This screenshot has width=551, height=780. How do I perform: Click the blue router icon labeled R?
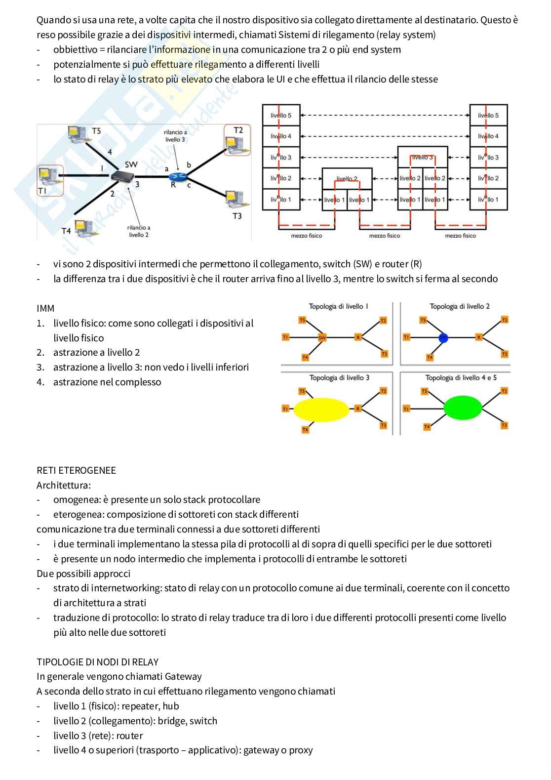point(178,177)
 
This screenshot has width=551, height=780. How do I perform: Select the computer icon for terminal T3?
point(236,199)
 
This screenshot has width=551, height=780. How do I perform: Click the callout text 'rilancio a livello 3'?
point(175,136)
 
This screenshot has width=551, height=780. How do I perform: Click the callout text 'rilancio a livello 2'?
point(139,231)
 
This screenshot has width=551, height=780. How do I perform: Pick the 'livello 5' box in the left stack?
point(281,115)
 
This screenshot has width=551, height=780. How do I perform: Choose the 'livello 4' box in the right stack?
point(488,136)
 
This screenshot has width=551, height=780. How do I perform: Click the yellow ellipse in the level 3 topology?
point(321,410)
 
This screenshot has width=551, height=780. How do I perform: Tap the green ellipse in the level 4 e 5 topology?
point(463,408)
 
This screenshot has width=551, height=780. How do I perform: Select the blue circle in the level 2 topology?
point(443,337)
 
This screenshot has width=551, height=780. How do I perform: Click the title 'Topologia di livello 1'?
point(338,306)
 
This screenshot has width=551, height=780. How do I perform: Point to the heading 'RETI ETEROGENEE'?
point(76,470)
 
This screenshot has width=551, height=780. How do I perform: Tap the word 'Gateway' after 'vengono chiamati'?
point(183,677)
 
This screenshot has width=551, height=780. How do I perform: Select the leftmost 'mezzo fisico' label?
point(306,236)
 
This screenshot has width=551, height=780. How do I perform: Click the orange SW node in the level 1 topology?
point(322,337)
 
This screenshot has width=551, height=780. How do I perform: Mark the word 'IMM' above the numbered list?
point(45,309)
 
